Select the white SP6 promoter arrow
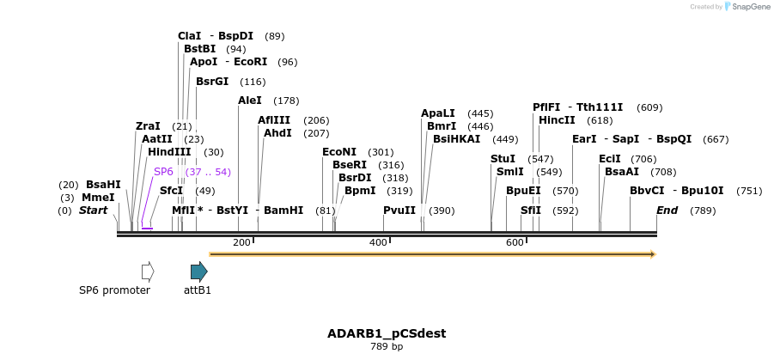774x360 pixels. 148,272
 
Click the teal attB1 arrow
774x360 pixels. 198,272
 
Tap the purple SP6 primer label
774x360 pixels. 163,172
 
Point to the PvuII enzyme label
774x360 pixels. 399,211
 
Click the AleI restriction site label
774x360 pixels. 250,101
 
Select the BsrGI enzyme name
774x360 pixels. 212,82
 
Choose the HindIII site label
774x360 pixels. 169,152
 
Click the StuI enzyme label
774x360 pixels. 503,159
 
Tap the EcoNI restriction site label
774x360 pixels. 339,152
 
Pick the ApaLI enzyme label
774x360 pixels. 438,113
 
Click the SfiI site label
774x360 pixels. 531,211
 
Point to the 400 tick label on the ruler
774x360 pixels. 379,242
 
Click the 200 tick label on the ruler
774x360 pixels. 241,242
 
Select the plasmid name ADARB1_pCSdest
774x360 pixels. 387,333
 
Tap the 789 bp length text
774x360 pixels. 387,346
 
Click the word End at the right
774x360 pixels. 667,211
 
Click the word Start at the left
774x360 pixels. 94,211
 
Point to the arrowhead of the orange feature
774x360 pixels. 653,254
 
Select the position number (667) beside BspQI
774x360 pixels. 716,139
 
